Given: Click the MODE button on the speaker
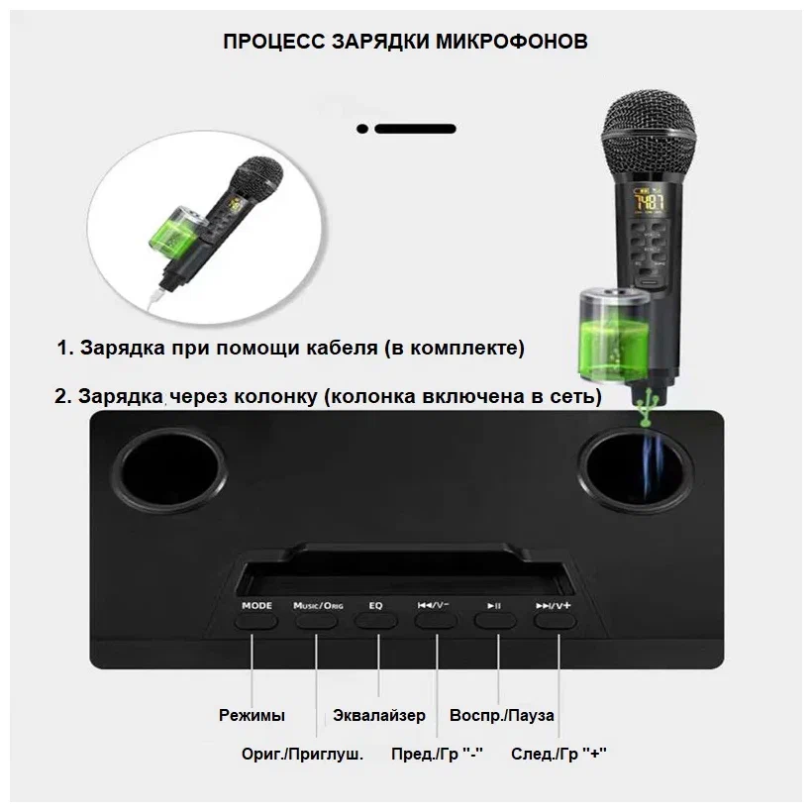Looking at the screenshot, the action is coord(255,622).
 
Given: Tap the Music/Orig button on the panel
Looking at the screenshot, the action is coord(317,622).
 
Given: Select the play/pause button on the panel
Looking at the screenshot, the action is coord(495,622).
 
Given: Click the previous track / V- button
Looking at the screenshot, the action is coord(436,622).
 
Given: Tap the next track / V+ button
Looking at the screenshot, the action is coord(556,622).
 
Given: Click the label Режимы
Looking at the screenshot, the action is coord(252,715).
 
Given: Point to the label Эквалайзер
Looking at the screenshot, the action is coord(379,715).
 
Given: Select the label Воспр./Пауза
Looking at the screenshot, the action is coord(502,715).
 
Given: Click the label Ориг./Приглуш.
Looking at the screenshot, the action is coord(302,754).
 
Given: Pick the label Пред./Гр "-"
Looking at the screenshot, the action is coord(437,754).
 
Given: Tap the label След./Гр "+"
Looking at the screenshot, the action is coord(558,754).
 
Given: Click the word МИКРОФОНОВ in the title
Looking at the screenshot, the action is coord(512,42).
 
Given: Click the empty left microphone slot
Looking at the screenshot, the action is coord(169,474).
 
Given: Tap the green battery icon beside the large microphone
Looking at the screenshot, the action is coord(613,336).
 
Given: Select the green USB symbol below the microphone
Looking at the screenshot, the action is coord(647,407).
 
